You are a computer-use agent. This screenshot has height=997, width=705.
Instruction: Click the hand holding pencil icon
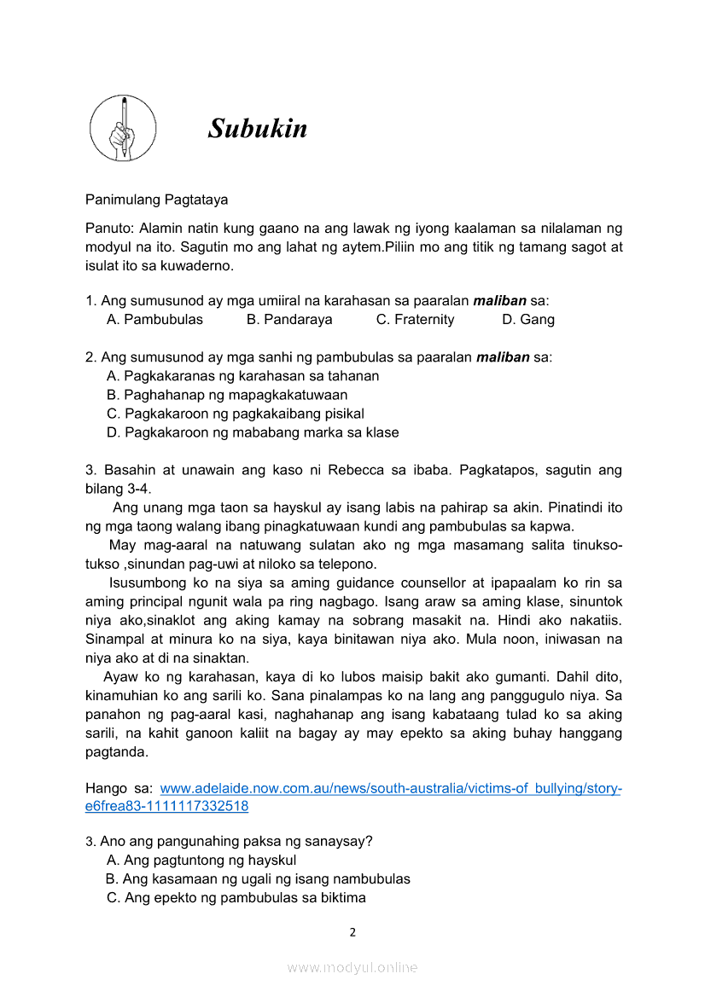123,129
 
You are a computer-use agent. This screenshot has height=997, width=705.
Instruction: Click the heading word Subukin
257,129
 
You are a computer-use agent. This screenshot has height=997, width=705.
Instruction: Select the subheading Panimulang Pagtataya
156,200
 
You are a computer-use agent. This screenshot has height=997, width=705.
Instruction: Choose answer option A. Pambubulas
154,320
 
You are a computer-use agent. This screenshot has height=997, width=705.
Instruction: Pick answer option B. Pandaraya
289,320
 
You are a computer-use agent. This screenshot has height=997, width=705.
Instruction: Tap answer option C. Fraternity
415,320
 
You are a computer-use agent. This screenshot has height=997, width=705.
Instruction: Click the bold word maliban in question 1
500,301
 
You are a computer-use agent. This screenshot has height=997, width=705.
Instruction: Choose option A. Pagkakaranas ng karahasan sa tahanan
242,376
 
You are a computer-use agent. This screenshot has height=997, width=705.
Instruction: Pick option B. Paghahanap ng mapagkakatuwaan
227,395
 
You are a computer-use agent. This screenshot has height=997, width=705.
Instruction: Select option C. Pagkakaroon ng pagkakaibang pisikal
236,414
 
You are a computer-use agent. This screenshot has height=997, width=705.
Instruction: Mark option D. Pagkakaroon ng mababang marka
253,432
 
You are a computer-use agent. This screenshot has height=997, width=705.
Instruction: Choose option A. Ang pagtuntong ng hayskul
201,860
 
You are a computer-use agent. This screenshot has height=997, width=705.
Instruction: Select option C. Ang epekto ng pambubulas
236,897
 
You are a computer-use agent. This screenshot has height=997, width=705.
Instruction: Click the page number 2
352,932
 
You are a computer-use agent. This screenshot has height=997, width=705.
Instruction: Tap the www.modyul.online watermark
352,967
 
